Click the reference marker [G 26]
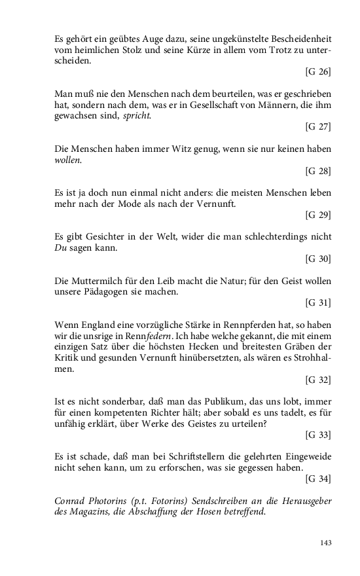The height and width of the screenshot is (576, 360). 318,71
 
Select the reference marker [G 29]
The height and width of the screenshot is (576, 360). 318,215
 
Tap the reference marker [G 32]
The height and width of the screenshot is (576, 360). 318,380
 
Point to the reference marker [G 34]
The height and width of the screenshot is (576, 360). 318,480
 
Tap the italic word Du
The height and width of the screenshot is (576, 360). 61,248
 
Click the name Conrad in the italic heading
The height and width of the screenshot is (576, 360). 70,502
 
